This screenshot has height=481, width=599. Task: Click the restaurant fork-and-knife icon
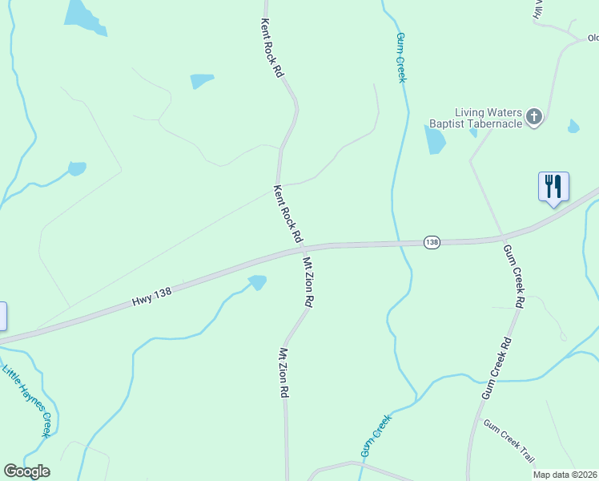click(553, 187)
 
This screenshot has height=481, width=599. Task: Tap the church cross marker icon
click(535, 119)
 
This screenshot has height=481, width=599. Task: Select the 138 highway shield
click(432, 242)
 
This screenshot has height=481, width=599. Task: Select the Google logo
click(26, 471)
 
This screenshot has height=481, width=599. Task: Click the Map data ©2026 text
click(565, 475)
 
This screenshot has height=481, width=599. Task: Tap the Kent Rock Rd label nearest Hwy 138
click(287, 214)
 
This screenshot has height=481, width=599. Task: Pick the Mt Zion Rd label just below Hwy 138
click(308, 281)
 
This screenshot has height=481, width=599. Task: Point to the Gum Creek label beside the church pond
click(401, 57)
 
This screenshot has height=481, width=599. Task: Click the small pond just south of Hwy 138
click(257, 282)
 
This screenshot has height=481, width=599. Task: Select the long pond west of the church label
click(435, 139)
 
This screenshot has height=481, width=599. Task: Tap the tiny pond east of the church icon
click(573, 127)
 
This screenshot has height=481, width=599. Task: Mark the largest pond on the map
click(82, 16)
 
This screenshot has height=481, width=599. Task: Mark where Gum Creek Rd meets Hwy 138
click(503, 237)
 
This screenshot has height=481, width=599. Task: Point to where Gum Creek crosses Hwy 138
click(399, 244)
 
